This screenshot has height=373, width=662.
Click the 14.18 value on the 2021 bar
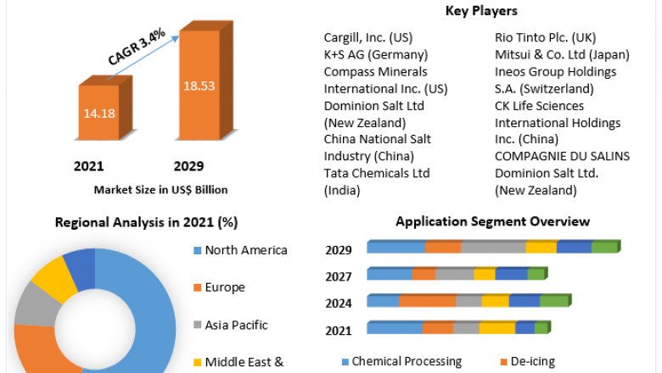[x=100, y=114]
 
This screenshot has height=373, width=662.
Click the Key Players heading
[x=481, y=11]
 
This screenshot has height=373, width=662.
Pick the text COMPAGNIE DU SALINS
[x=562, y=156]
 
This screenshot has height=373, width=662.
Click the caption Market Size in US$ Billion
[x=160, y=190]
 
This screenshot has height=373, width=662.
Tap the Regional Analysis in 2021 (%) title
[x=146, y=223]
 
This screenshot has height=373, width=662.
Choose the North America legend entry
[x=246, y=250]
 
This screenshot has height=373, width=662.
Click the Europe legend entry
[x=224, y=287]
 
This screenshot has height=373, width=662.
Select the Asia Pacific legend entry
[x=236, y=325]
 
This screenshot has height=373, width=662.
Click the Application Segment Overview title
[x=492, y=221]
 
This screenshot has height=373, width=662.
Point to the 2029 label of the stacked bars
[x=339, y=250]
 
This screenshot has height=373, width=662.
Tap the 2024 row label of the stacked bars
[x=339, y=303]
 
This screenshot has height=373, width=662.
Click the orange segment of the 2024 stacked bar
[x=427, y=300]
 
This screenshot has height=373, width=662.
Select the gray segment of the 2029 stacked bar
[x=492, y=247]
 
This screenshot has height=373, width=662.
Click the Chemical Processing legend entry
[x=407, y=362]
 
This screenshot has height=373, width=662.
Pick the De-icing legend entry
[x=532, y=362]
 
